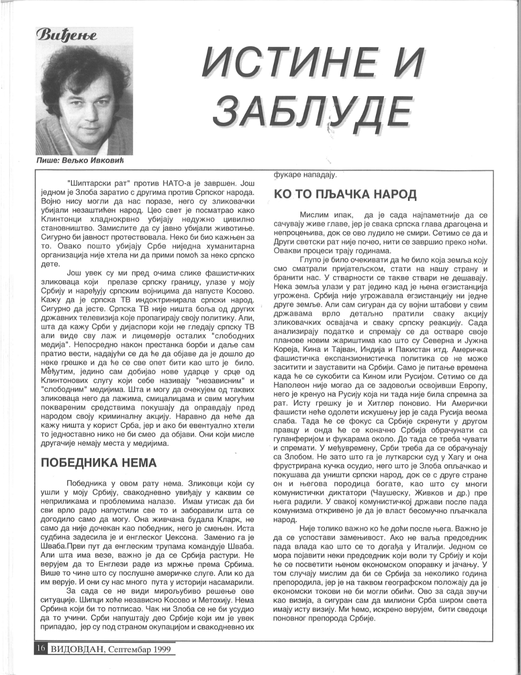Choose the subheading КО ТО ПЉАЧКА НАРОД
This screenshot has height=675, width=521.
pyautogui.click(x=345, y=195)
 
